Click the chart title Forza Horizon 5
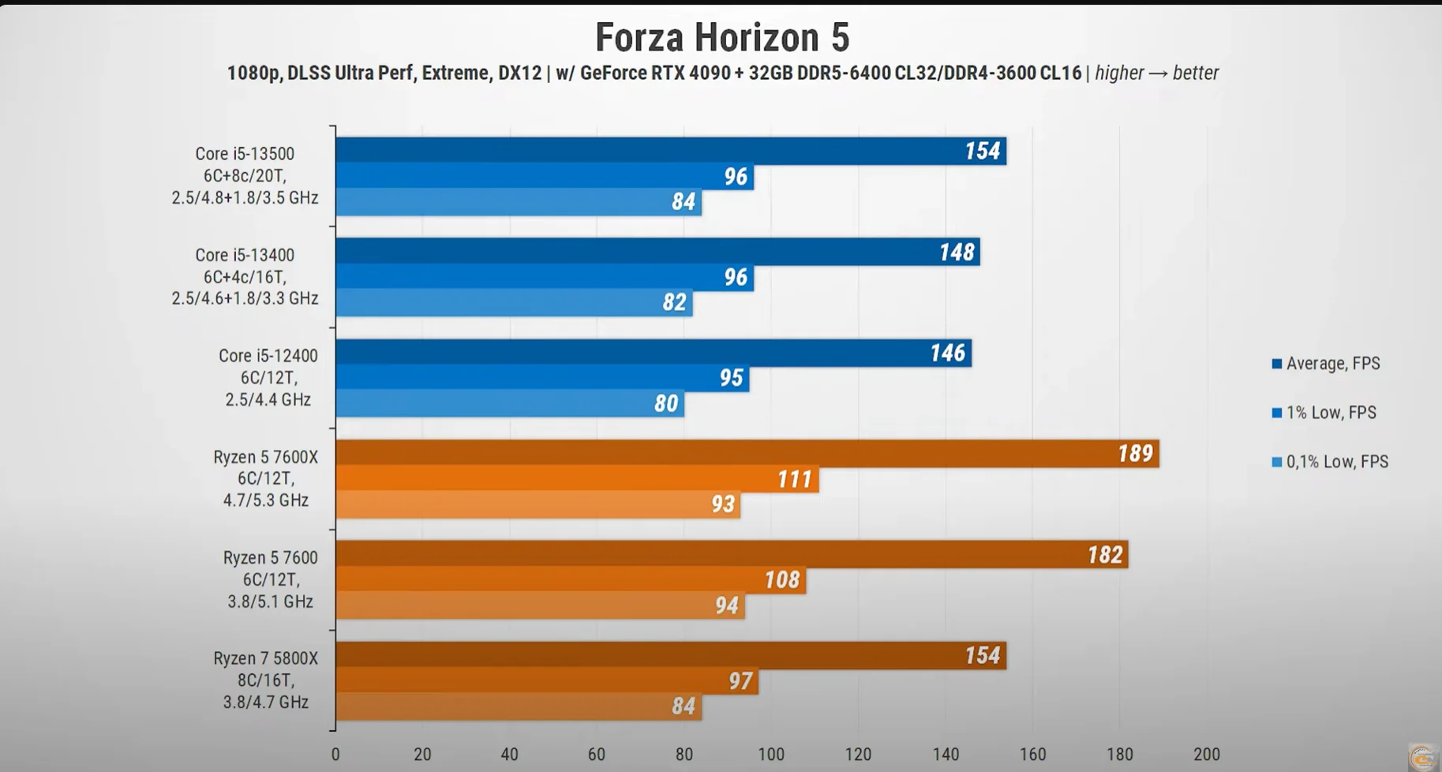(721, 37)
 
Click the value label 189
(1135, 454)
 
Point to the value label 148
(957, 253)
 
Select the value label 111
(794, 479)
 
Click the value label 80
(666, 404)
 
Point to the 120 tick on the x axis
(858, 755)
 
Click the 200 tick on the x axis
(1206, 755)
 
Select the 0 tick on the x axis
(335, 755)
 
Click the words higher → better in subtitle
(1156, 73)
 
